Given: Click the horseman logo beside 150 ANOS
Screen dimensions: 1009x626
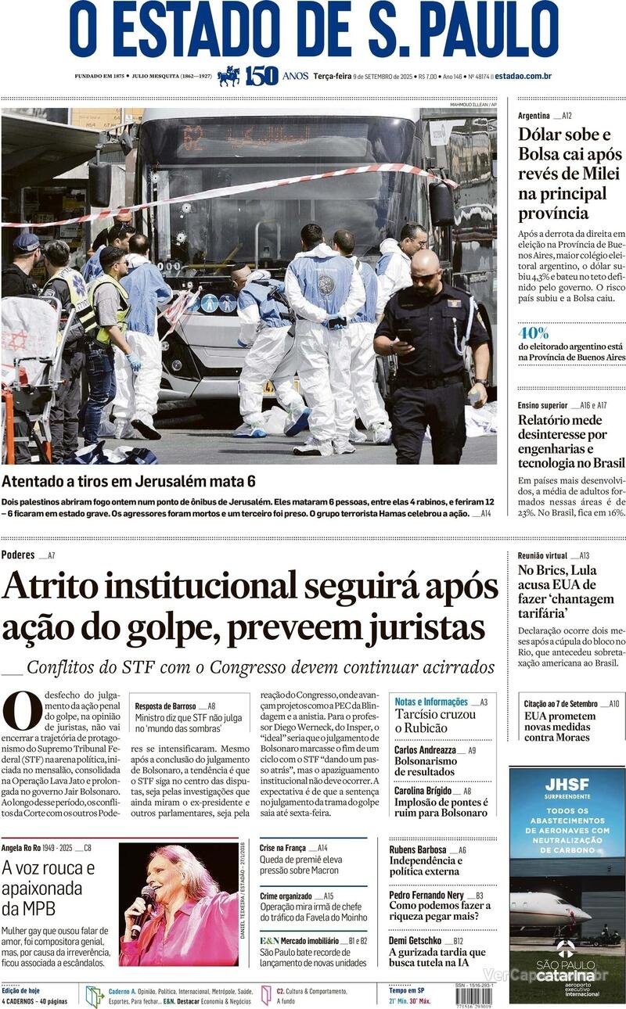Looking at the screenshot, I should pos(228,76).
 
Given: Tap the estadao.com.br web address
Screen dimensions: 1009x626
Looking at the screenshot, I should pos(523,76).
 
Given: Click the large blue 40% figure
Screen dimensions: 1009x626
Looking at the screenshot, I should pos(533,332).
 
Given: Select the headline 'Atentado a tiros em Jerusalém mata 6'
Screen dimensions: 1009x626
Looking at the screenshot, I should pos(128,482).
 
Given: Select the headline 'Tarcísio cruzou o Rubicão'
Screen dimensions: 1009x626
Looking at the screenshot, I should pos(435,721).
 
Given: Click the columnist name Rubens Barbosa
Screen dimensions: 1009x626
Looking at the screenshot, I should pos(418,849).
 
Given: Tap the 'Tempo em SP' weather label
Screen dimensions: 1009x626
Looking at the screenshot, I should pos(406,990).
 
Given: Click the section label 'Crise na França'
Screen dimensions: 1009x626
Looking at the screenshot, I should pos(282,847).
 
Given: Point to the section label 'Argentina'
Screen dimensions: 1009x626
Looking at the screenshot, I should pos(534,116).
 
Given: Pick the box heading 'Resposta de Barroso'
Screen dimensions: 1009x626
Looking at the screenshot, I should pos(164,706).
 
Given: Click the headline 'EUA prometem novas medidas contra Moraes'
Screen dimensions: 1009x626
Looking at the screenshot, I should pos(559,727).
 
